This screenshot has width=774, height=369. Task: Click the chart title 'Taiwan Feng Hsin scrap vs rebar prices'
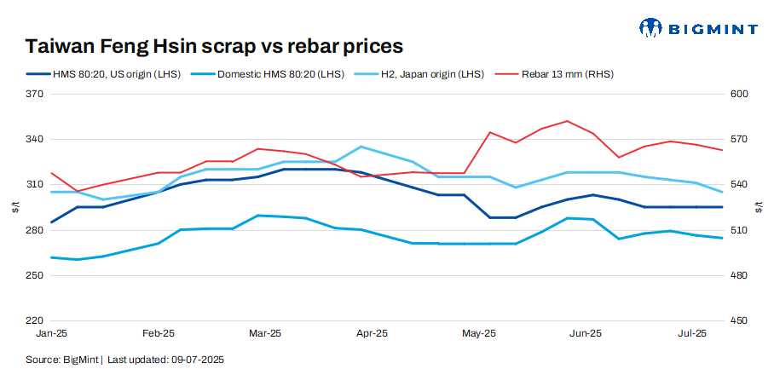tap(214, 45)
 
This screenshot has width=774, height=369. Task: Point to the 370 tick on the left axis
tap(34, 94)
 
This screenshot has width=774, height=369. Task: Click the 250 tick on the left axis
tap(34, 276)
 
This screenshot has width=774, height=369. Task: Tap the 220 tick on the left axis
tap(34, 321)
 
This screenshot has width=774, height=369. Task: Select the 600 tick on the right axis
tap(738, 94)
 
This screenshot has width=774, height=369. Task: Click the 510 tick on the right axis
tap(738, 230)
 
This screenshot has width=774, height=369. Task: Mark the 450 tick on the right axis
tap(738, 321)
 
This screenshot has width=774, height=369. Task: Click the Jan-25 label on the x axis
tap(53, 334)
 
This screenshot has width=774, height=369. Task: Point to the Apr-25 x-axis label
tap(372, 334)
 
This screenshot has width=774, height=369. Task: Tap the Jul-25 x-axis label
tap(691, 334)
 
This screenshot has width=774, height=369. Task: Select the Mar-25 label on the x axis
tap(265, 334)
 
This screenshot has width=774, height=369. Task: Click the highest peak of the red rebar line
tap(567, 121)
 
